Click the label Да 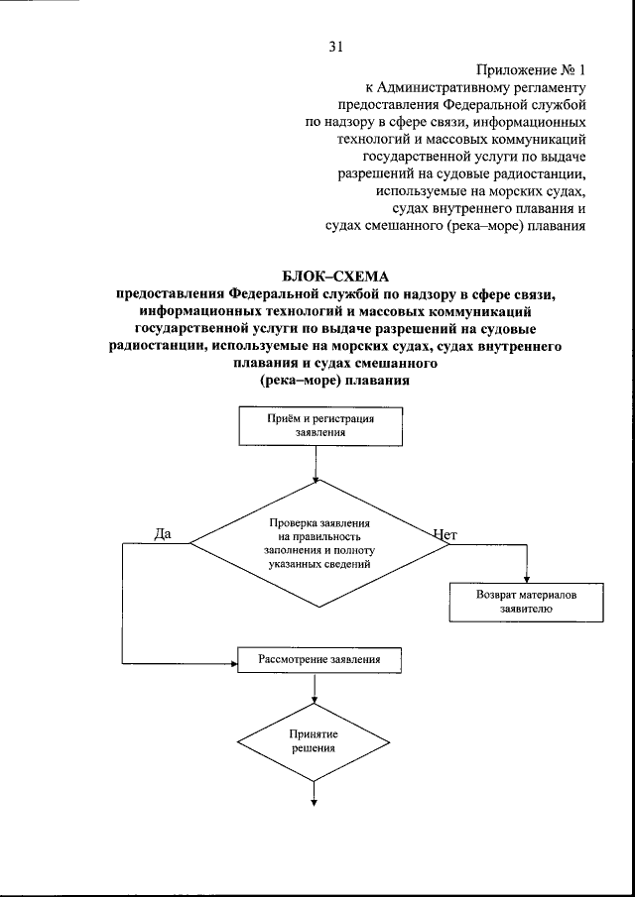164,533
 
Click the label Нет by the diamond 444,534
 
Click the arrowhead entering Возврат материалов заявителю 526,582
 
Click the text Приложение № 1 531,71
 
